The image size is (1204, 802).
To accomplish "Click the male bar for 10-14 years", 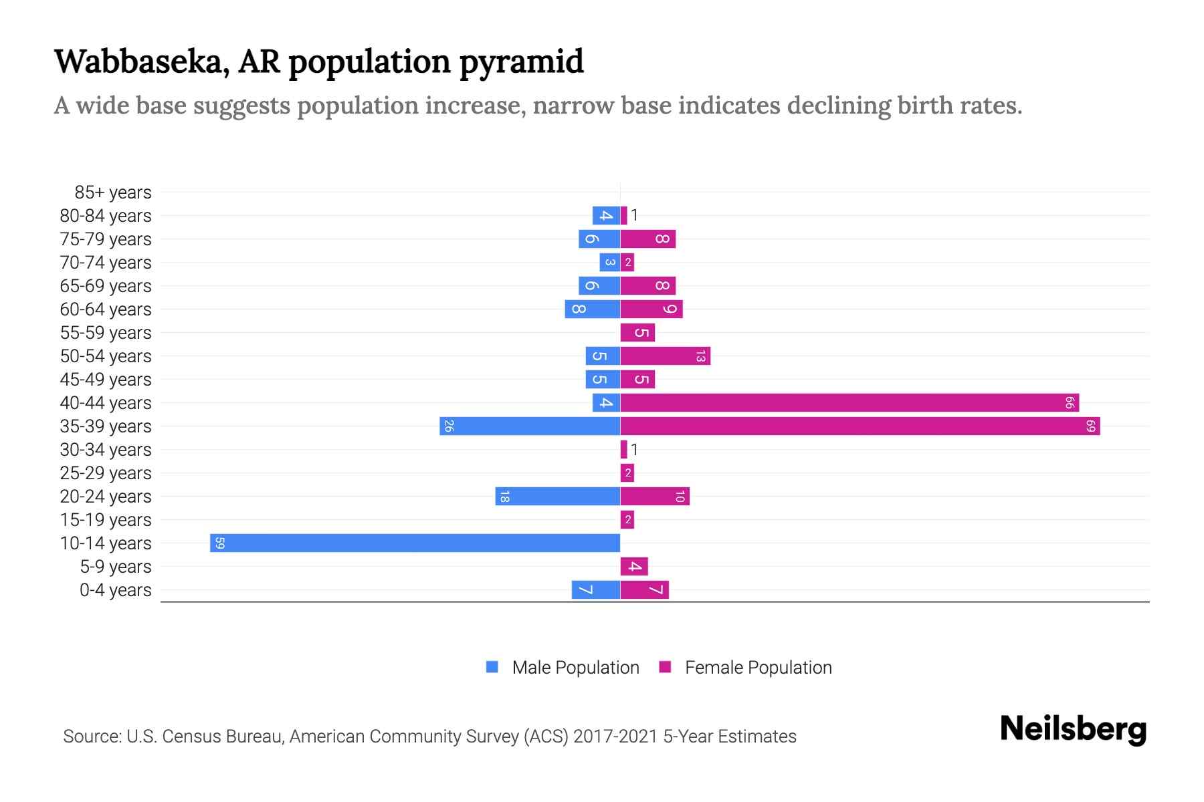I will (415, 543).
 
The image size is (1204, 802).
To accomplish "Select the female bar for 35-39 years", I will (860, 426).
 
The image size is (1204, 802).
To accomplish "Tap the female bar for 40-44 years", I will (849, 402).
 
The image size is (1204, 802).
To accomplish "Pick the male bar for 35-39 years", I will (530, 426).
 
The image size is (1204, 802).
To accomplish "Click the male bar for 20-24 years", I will (557, 496).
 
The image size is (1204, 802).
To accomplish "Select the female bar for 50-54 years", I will (665, 356).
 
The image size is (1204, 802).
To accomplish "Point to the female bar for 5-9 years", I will (634, 566).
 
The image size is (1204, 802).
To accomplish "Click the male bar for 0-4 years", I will (595, 589).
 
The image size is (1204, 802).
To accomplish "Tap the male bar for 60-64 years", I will (592, 309).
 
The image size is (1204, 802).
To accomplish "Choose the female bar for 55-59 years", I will (637, 332).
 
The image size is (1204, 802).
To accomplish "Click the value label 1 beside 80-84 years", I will (634, 215).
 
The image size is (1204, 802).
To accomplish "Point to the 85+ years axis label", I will (112, 192).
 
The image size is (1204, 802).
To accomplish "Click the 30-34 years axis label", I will (106, 450).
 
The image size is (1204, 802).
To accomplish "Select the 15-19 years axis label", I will (106, 520).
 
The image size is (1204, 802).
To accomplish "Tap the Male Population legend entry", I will (575, 667).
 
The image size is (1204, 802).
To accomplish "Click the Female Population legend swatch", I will (665, 667).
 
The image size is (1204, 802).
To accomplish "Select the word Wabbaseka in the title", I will (142, 61).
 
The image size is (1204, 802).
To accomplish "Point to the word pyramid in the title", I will (521, 61).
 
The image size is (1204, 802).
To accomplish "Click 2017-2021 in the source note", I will (615, 737).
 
